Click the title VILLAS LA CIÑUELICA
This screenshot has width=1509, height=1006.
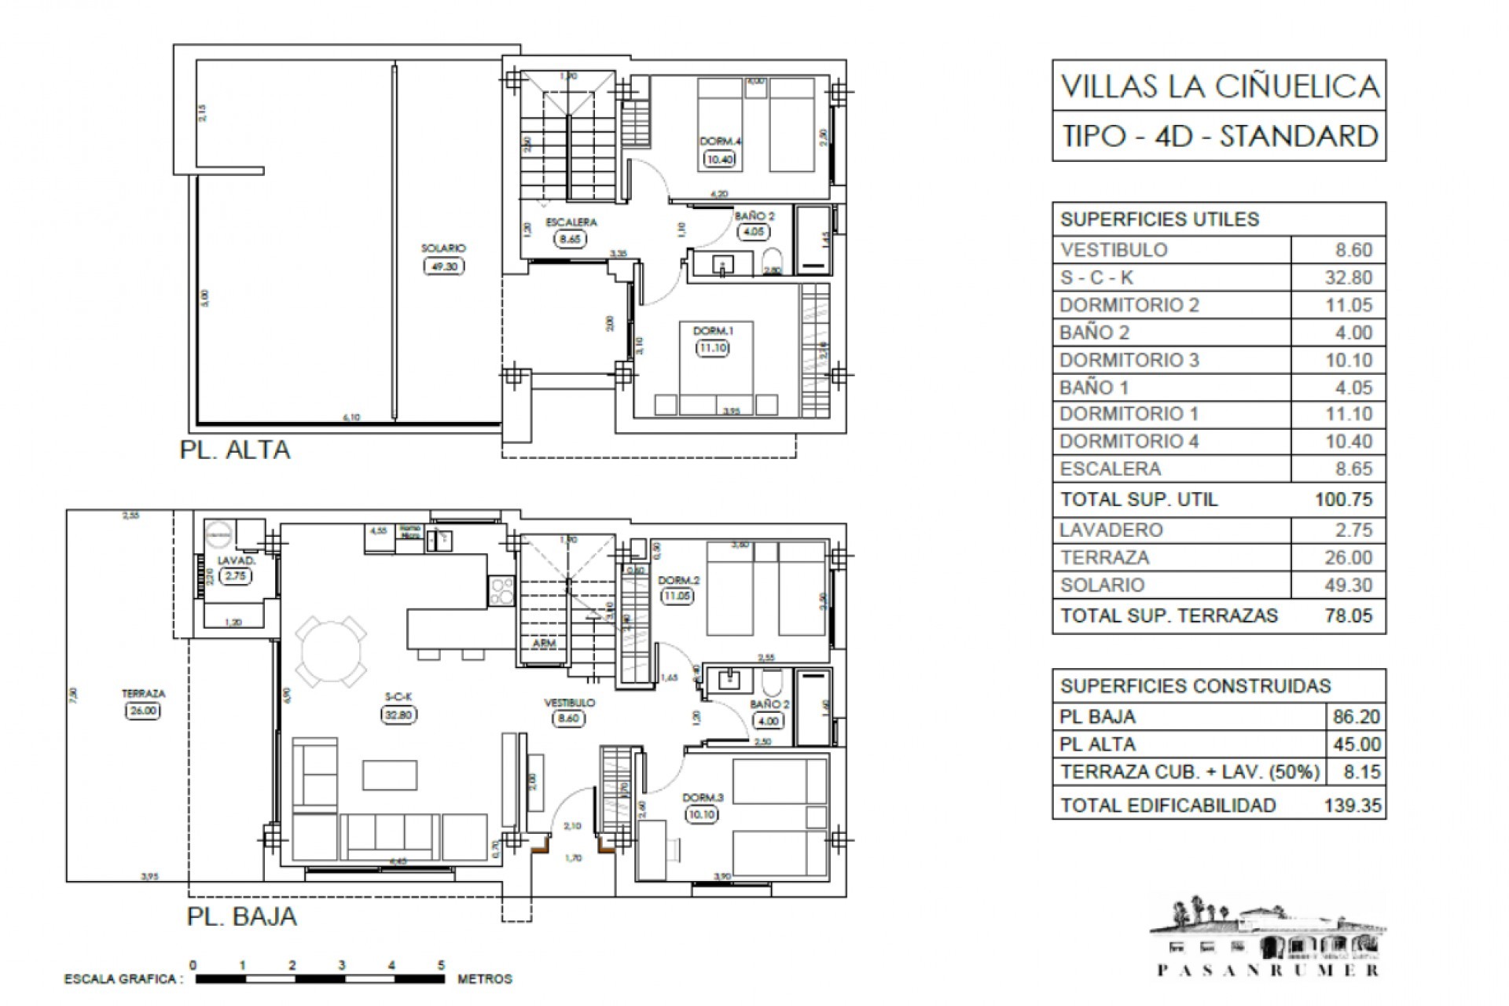(1219, 86)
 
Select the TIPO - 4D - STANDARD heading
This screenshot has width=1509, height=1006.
(1219, 136)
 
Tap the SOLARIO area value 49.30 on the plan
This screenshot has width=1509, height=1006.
(444, 266)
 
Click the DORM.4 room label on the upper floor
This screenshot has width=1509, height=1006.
(721, 141)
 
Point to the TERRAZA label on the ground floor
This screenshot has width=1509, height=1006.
(143, 694)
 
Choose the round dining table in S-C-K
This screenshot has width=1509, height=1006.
(329, 652)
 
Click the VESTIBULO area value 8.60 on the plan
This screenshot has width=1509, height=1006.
(568, 718)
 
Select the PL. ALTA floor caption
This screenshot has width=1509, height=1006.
(235, 450)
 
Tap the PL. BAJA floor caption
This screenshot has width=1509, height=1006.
(242, 916)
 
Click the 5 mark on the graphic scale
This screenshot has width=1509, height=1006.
(441, 965)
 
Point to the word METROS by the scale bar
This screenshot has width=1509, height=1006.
(485, 979)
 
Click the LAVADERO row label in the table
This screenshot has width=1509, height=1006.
(1111, 530)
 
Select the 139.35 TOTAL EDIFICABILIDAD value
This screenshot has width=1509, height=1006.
(1352, 806)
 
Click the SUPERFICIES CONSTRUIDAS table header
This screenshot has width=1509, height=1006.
(1195, 686)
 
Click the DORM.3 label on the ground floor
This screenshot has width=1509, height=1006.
(703, 797)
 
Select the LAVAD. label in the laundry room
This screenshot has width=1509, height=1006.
(237, 560)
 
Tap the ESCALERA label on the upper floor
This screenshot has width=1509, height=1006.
(571, 222)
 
